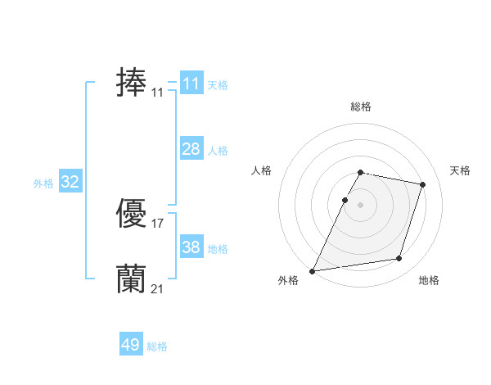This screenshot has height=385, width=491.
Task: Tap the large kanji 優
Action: pos(131,214)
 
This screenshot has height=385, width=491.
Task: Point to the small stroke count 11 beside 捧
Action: pos(157,93)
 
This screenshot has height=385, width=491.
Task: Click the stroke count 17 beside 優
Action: pos(157,223)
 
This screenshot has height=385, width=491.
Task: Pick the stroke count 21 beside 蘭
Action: pos(157,288)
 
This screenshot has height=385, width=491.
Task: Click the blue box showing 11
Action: pos(191,84)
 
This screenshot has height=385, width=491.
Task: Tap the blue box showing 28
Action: pos(191,149)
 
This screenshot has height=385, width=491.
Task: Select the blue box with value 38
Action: pos(191,247)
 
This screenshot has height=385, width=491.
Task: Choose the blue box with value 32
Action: pos(70,183)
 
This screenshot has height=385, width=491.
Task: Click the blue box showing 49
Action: pos(131,345)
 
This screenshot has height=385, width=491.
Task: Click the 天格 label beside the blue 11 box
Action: pos(218,85)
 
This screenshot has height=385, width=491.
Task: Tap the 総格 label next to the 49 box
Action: pos(157,346)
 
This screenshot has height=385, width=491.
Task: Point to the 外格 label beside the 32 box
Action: pos(43,183)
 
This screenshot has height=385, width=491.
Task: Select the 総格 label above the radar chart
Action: pos(361,106)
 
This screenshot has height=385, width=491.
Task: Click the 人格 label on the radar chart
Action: pos(261,170)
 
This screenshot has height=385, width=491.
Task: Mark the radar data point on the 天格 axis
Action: pos(423,185)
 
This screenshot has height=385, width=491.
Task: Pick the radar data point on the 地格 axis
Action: pos(399,259)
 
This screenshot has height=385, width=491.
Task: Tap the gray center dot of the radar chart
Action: pos(361,205)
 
